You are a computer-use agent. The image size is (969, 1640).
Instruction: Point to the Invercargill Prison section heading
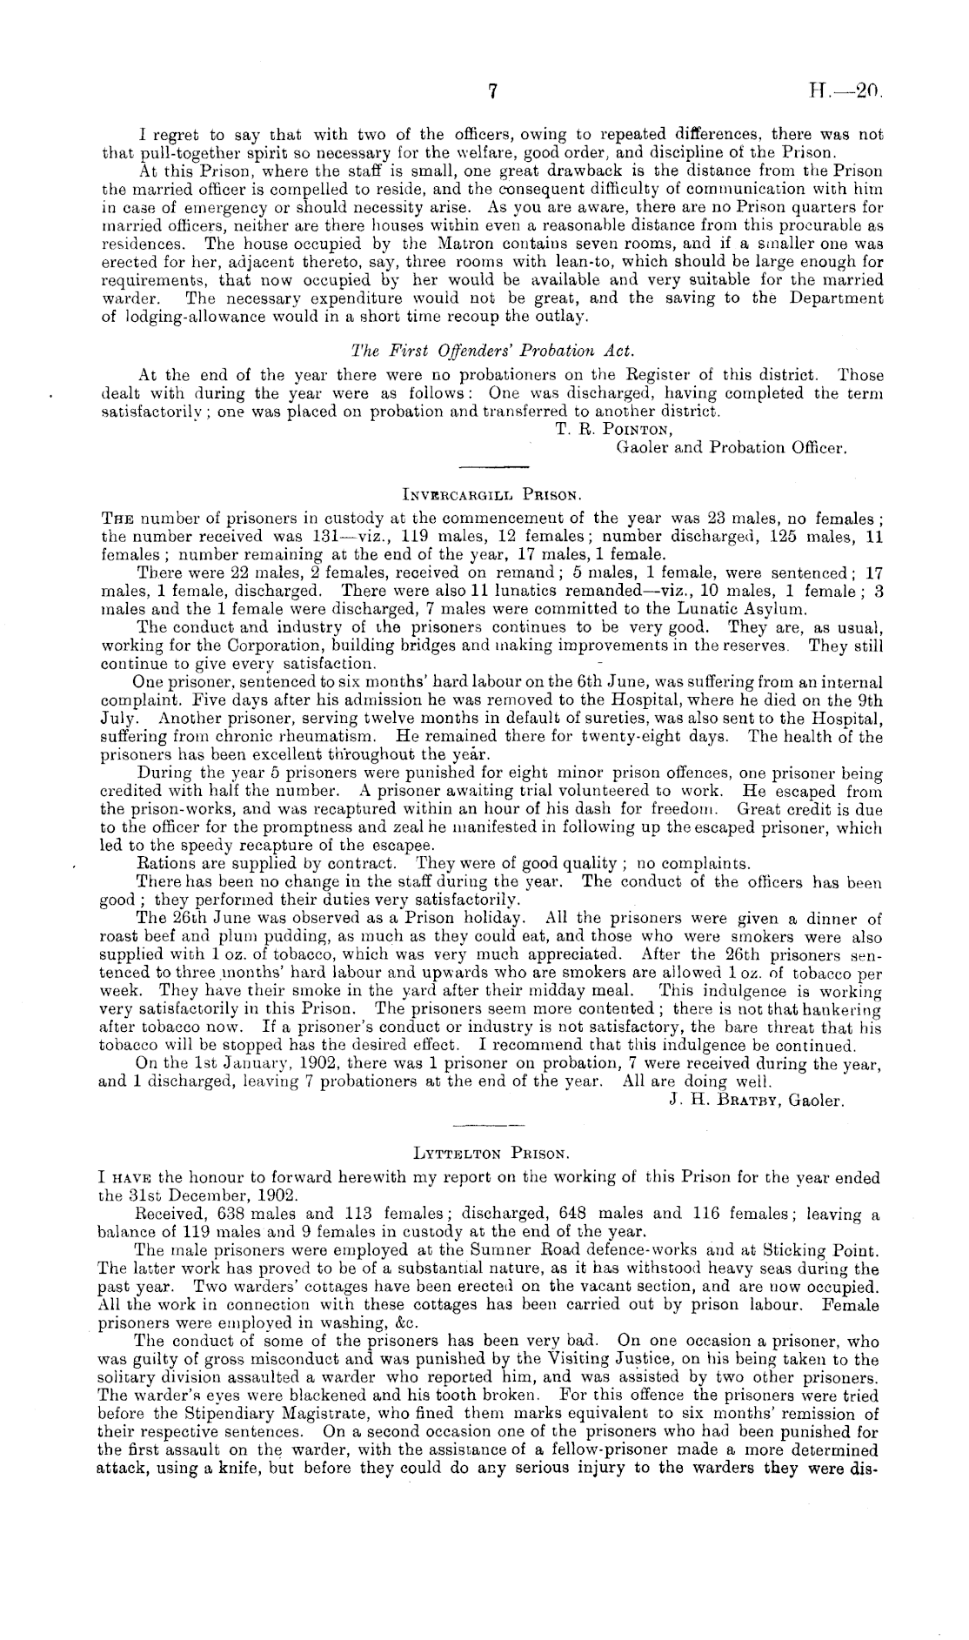click(x=491, y=495)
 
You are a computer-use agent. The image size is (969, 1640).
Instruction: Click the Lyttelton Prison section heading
click(x=491, y=1155)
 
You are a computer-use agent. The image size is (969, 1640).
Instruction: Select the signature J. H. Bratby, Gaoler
click(x=756, y=1101)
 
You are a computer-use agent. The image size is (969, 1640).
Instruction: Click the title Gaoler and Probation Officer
click(x=731, y=448)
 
